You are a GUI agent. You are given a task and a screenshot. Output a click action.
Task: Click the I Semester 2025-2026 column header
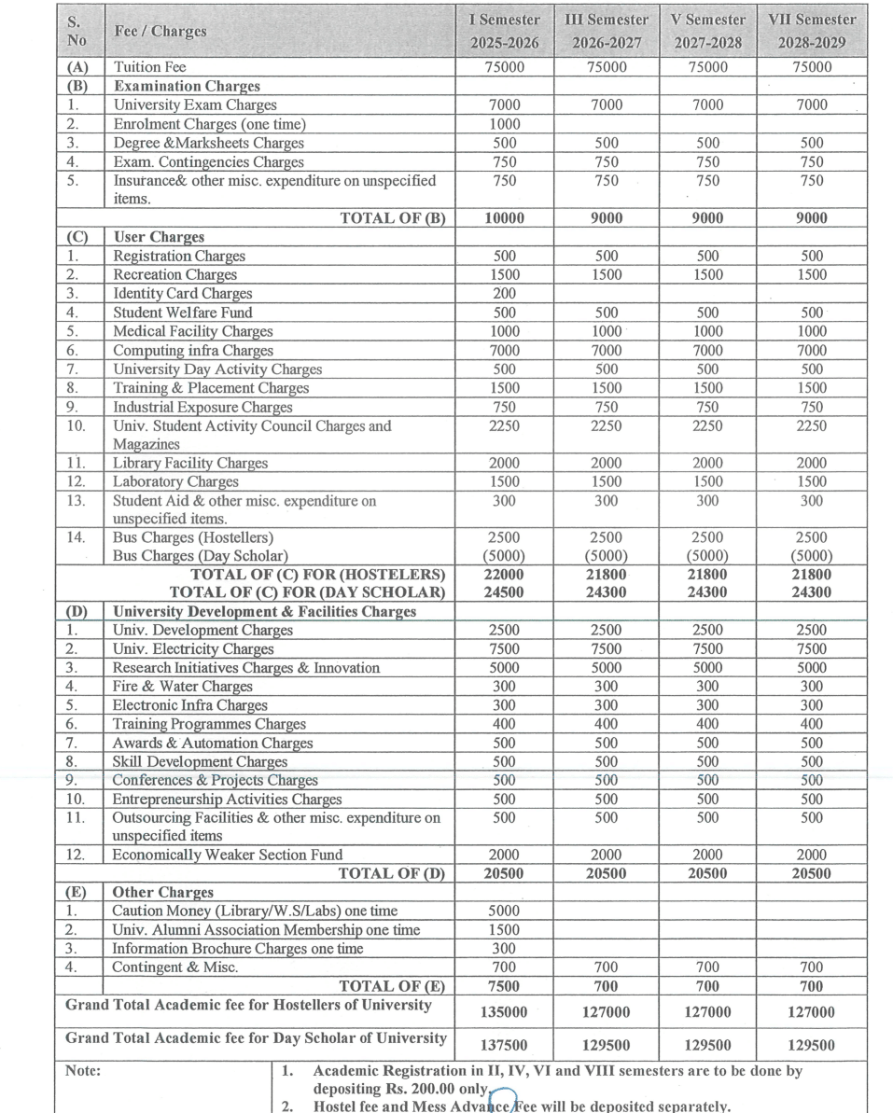pos(505,31)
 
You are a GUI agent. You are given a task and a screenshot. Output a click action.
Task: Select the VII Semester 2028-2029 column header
pos(811,31)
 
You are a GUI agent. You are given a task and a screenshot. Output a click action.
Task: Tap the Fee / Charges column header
pos(160,31)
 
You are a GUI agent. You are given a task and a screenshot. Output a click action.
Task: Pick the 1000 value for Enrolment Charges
pos(505,124)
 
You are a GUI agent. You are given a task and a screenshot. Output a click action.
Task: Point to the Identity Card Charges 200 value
pos(505,294)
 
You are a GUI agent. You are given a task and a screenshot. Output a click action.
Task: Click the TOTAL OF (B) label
pos(393,218)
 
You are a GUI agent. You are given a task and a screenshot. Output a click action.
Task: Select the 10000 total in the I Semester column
pos(505,218)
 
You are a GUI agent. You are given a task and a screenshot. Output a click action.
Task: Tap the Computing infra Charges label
pos(193,351)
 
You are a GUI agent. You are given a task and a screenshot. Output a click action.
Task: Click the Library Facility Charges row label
pos(190,464)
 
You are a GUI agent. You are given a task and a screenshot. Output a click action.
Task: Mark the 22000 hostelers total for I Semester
pos(505,575)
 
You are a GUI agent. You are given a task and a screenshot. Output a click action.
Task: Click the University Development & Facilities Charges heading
pos(264,612)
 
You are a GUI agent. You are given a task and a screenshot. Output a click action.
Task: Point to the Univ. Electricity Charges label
pos(193,649)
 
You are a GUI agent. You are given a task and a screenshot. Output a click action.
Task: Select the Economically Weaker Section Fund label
pos(228,856)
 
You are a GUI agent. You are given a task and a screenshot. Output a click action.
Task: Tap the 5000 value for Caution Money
pos(505,911)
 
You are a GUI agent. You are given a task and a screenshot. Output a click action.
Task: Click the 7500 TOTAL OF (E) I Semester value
pos(505,986)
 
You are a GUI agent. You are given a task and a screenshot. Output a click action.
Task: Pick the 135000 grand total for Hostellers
pos(505,1012)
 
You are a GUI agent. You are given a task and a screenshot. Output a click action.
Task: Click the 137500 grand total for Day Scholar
pos(505,1046)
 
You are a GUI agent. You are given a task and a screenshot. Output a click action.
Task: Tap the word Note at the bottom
pos(82,1072)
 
